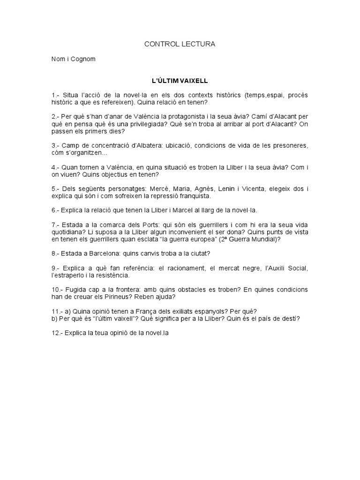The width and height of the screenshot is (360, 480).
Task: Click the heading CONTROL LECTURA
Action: (x=180, y=44)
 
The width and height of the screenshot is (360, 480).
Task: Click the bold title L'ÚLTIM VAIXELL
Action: (x=180, y=81)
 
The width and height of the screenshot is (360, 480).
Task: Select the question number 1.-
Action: (x=56, y=95)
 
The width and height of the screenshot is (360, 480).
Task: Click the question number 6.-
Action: (x=56, y=210)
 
